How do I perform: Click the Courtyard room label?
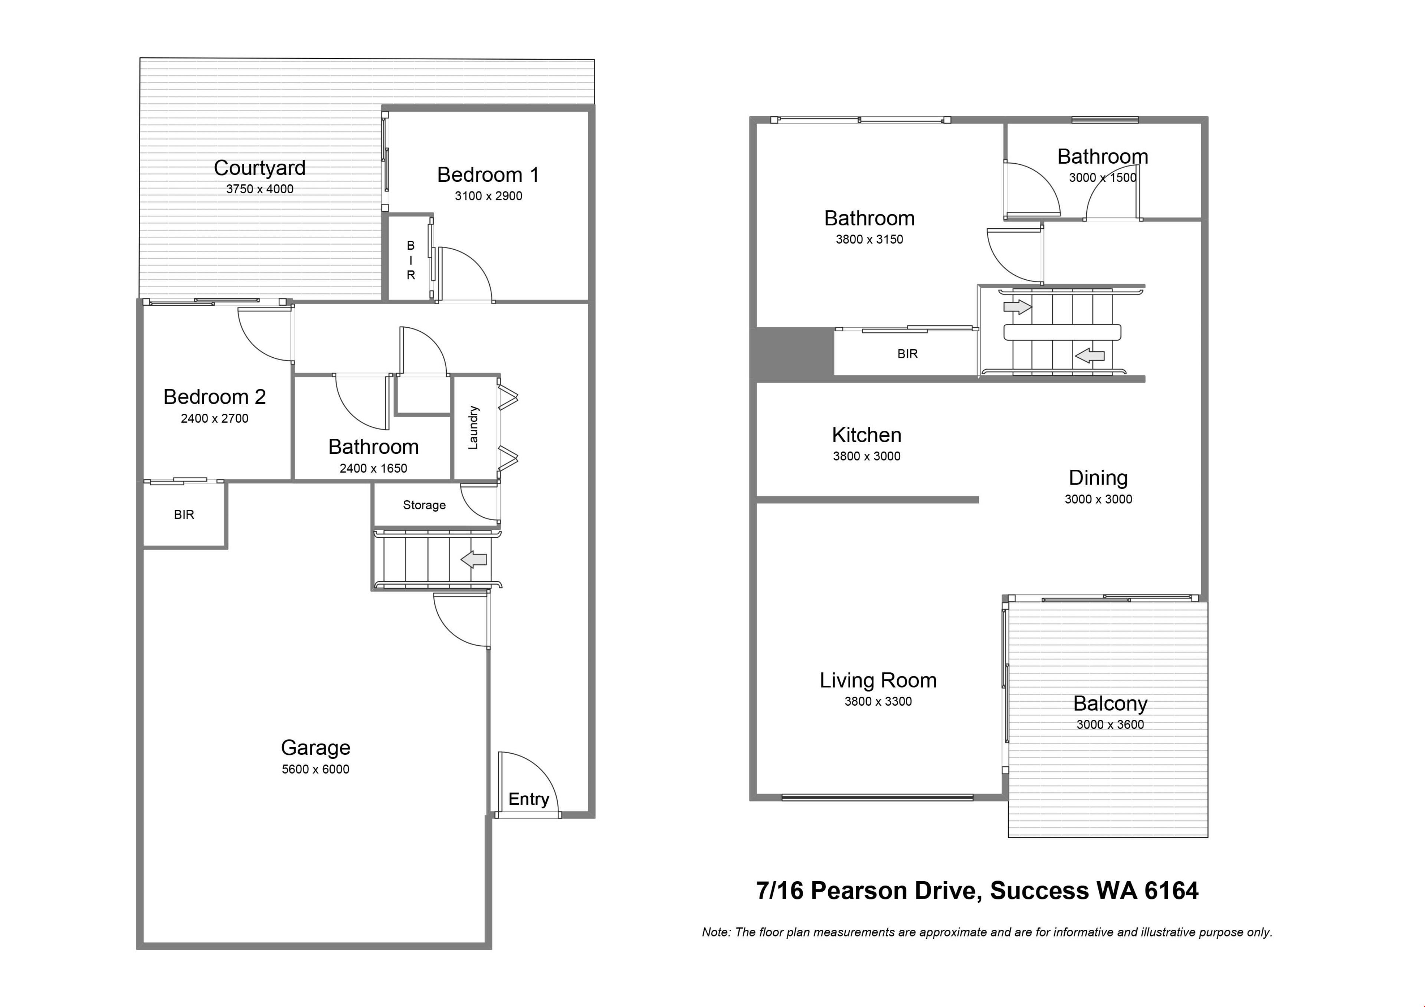coord(259,168)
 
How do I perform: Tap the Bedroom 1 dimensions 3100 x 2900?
coord(488,196)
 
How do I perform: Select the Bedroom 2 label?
coord(215,397)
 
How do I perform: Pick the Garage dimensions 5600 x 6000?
coord(315,770)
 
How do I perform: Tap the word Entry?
coord(529,799)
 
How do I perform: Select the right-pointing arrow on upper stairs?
coord(1017,306)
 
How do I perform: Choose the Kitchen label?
coord(867,435)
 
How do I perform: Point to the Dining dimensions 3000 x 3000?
coord(1098,499)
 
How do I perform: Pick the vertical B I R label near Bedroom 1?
coord(410,260)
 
